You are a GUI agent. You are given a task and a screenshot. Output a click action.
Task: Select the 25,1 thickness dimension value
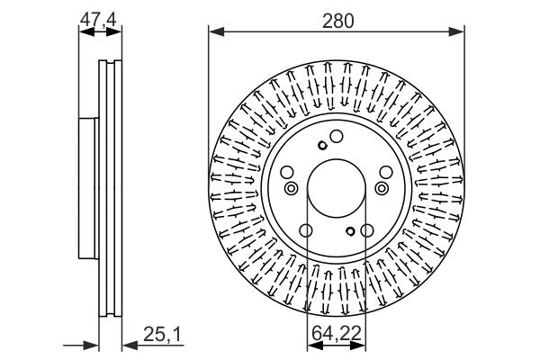pyautogui.click(x=163, y=336)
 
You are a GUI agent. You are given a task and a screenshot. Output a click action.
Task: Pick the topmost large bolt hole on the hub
pyautogui.click(x=337, y=137)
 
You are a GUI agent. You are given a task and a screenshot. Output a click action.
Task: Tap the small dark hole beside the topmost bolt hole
pyautogui.click(x=321, y=146)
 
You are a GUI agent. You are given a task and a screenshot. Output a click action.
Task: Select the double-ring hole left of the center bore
pyautogui.click(x=291, y=188)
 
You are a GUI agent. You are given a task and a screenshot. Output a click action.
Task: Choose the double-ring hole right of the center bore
pyautogui.click(x=382, y=188)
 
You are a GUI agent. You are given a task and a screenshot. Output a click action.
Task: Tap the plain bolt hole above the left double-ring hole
pyautogui.click(x=287, y=173)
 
